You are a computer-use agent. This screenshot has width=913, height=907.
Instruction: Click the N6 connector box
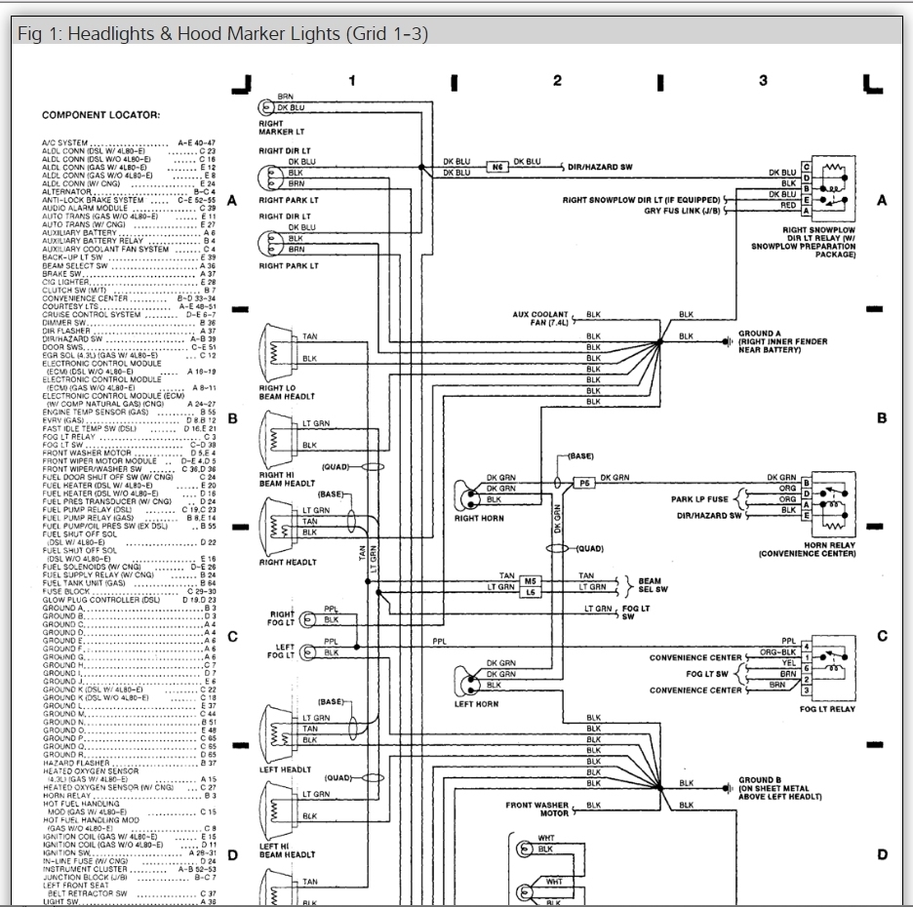(497, 167)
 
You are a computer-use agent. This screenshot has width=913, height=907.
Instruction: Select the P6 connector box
(584, 483)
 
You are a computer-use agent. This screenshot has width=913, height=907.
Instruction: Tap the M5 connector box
(533, 580)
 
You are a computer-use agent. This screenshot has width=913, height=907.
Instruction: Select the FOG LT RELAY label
(827, 709)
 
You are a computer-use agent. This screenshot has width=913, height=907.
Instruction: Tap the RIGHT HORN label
(479, 518)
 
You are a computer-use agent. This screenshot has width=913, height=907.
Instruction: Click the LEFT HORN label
(477, 703)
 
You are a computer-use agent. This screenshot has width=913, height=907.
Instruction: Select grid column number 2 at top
(557, 81)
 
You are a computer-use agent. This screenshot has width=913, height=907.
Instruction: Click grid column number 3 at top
(763, 81)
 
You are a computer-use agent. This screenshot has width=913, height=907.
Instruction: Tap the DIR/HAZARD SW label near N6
(600, 167)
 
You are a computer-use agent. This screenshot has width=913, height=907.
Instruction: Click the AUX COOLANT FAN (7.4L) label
(541, 319)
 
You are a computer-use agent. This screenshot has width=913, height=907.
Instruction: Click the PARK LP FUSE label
(700, 499)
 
